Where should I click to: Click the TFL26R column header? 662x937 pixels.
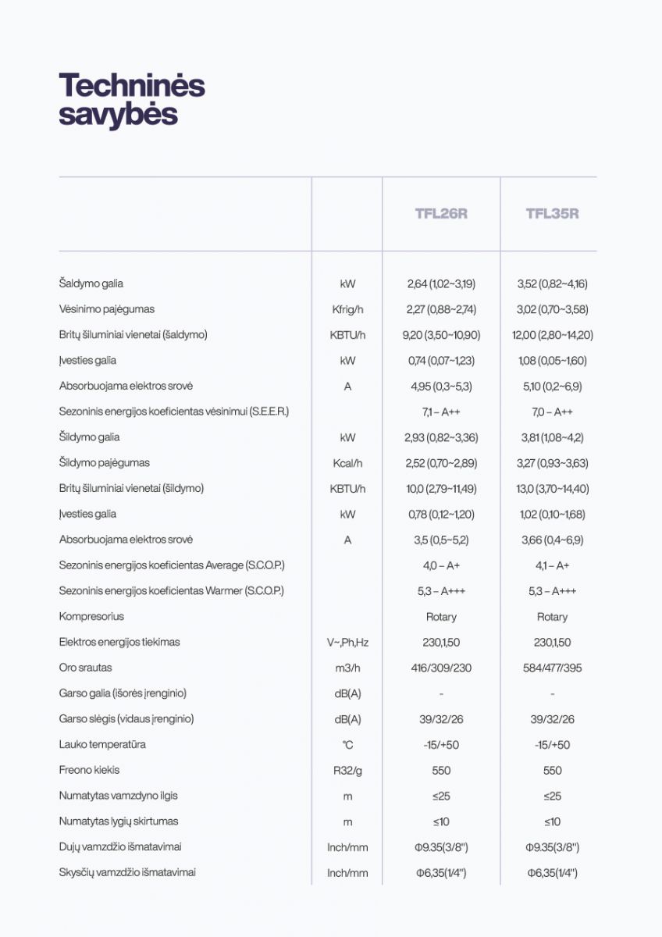(441, 214)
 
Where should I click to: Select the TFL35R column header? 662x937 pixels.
(552, 214)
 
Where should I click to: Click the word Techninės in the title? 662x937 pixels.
(131, 85)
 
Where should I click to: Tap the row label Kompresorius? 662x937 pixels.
(91, 617)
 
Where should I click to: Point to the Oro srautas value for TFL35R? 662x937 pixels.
(552, 668)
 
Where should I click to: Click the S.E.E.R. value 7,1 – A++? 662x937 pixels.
(441, 412)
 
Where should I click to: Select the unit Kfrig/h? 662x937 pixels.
(347, 309)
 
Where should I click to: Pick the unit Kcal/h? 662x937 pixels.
(347, 464)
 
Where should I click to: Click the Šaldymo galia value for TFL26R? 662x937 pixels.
(441, 284)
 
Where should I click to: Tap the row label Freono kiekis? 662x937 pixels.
(90, 770)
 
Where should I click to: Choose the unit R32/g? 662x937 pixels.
(347, 771)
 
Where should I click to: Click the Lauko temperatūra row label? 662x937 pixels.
(102, 744)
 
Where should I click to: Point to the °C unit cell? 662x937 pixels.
(347, 745)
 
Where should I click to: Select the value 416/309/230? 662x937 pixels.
(441, 668)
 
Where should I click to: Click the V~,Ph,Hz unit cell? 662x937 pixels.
(347, 643)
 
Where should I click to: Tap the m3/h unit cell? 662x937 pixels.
(347, 668)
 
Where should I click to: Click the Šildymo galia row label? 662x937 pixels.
(90, 437)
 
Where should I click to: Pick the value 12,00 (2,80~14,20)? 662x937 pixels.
(552, 336)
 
